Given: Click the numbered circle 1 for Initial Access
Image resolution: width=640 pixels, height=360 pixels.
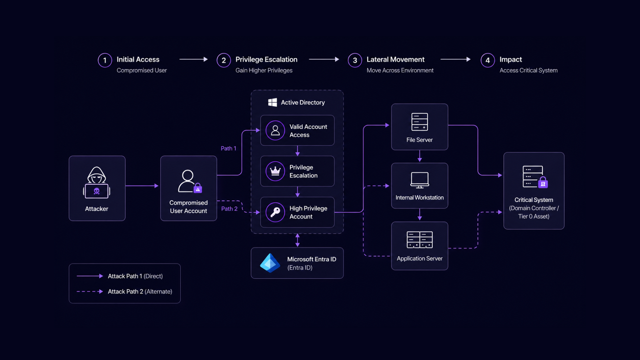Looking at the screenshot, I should [x=105, y=60].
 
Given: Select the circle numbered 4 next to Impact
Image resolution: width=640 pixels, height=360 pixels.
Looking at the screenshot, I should [x=487, y=60].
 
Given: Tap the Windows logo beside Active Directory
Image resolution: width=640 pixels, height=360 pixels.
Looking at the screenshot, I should [x=272, y=102].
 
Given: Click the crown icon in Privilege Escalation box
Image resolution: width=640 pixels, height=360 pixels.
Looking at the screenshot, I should [x=275, y=171].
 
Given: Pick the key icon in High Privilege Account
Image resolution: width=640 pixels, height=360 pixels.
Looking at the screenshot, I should [x=275, y=212].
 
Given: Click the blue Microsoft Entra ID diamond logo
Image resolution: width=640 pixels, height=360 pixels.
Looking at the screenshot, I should [x=270, y=263].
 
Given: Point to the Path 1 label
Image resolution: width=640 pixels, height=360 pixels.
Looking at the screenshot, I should [x=228, y=148].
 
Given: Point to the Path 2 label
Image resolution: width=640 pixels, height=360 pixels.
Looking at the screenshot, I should [x=229, y=209].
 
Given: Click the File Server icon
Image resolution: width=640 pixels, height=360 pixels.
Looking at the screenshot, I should [x=419, y=122].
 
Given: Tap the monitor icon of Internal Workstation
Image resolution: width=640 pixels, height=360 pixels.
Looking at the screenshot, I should [x=419, y=180].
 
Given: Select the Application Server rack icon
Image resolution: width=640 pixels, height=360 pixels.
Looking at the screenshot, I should [x=419, y=240].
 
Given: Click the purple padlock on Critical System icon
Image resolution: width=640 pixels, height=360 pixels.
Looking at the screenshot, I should [x=543, y=183].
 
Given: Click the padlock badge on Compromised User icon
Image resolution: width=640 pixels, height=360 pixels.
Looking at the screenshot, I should [x=198, y=188].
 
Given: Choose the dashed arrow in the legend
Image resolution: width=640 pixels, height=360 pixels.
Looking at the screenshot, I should [x=90, y=291].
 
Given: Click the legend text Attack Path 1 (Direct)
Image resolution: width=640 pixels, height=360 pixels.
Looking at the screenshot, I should [x=135, y=276].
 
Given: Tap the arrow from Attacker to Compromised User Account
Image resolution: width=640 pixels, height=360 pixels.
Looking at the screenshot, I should [x=142, y=186].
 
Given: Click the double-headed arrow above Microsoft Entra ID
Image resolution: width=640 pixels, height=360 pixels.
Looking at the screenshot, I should [x=297, y=240].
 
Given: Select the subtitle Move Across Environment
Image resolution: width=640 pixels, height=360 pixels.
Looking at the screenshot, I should [x=400, y=70].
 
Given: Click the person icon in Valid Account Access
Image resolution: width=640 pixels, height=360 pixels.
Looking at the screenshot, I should [x=275, y=130].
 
